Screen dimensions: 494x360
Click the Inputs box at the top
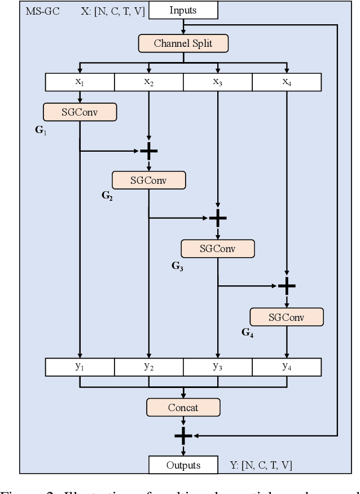pyautogui.click(x=183, y=10)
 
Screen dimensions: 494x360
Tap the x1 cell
pyautogui.click(x=80, y=82)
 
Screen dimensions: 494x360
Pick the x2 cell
pyautogui.click(x=148, y=82)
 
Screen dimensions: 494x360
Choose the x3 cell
pyautogui.click(x=217, y=82)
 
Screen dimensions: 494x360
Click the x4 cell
pyautogui.click(x=287, y=82)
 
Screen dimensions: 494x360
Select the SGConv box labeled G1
pyautogui.click(x=80, y=112)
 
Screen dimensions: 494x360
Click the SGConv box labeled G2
pyautogui.click(x=148, y=180)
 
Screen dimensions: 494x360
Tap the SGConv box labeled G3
pyautogui.click(x=217, y=248)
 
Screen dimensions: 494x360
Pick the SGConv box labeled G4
pyautogui.click(x=287, y=317)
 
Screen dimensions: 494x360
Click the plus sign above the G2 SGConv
pyautogui.click(x=148, y=151)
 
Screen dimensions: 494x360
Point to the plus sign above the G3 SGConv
pyautogui.click(x=217, y=218)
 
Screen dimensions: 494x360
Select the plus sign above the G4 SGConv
pyautogui.click(x=287, y=286)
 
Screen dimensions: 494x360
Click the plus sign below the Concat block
pyautogui.click(x=183, y=435)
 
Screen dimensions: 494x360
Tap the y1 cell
pyautogui.click(x=80, y=367)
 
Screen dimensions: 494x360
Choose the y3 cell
pyautogui.click(x=217, y=367)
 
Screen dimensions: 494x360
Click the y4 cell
pyautogui.click(x=287, y=367)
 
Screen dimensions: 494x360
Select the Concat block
pyautogui.click(x=183, y=407)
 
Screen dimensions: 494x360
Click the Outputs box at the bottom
pyautogui.click(x=183, y=465)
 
